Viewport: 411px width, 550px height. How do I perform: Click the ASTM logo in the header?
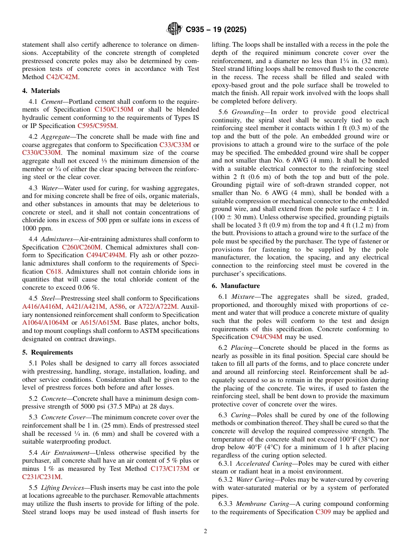pos(174,29)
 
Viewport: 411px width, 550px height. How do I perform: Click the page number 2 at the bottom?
pos(205,531)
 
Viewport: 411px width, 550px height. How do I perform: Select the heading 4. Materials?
pos(41,91)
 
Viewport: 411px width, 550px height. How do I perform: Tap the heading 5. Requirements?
pos(48,352)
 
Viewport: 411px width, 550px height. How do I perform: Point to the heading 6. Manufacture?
pos(236,286)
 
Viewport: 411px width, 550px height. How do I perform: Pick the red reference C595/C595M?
pos(97,126)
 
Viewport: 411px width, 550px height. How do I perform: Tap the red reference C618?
pos(54,272)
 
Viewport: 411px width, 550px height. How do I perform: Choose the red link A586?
pos(117,307)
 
